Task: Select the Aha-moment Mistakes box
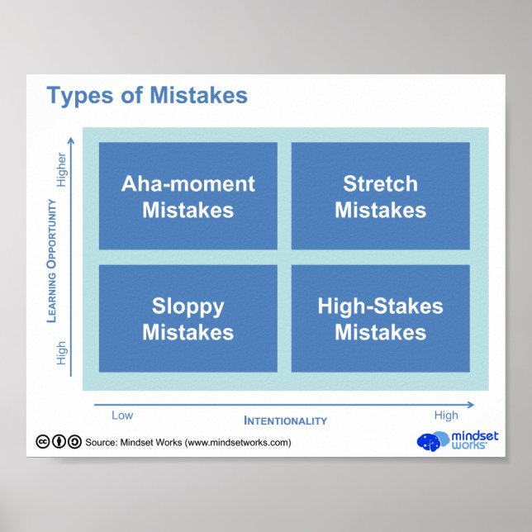pos(188,196)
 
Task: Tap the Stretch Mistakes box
pos(380,196)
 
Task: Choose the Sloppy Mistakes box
pos(188,318)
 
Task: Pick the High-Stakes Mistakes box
pos(380,318)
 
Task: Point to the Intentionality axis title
pos(285,420)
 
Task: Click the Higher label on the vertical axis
pos(61,169)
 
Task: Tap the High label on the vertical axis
pos(61,354)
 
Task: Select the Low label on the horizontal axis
pos(121,415)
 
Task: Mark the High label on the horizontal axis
pos(445,415)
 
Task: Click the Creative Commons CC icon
pos(42,442)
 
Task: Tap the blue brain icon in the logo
pos(431,441)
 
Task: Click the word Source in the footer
pos(101,443)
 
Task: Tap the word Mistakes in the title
pos(198,96)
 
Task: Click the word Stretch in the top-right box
pos(380,183)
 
